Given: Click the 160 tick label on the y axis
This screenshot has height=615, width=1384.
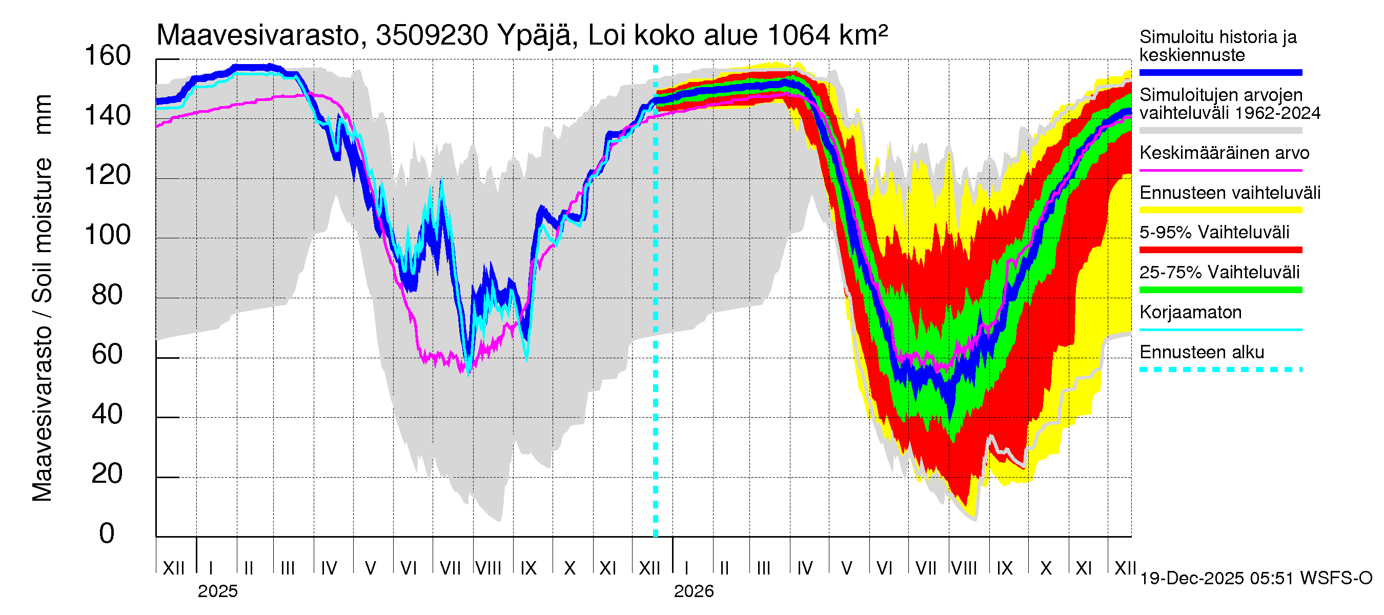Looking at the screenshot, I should coord(108,56).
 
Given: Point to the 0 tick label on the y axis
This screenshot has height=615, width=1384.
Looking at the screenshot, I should coord(107,534).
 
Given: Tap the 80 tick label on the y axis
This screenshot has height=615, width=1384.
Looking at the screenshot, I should coord(108,295).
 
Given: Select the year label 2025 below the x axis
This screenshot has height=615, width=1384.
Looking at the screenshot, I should coord(217,591).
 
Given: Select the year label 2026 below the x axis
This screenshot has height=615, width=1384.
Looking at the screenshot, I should coord(694,591).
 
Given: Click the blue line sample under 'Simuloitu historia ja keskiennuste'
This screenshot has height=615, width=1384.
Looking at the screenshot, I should coord(1220,72).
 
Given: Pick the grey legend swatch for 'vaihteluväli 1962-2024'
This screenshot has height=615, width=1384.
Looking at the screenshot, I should coord(1220,131).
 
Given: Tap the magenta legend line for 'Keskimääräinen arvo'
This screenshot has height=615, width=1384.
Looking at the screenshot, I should coord(1220,170).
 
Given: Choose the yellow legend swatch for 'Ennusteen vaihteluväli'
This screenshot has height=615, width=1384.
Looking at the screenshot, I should coord(1220,210).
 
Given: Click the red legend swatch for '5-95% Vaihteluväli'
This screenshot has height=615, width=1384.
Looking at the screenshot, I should coord(1220,250).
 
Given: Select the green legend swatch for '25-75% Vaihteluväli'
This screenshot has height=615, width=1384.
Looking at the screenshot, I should coord(1220,290).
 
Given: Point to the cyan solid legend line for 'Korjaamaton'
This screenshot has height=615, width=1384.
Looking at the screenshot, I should coord(1220,330).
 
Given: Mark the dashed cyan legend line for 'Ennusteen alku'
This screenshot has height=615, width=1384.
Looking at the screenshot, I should coord(1220,370).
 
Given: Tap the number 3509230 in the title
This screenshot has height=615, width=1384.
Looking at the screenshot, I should coord(432,35).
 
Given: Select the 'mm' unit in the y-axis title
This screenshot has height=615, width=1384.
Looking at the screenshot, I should coord(43,114).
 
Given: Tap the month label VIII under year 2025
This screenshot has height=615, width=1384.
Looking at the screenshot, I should coord(489,568).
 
